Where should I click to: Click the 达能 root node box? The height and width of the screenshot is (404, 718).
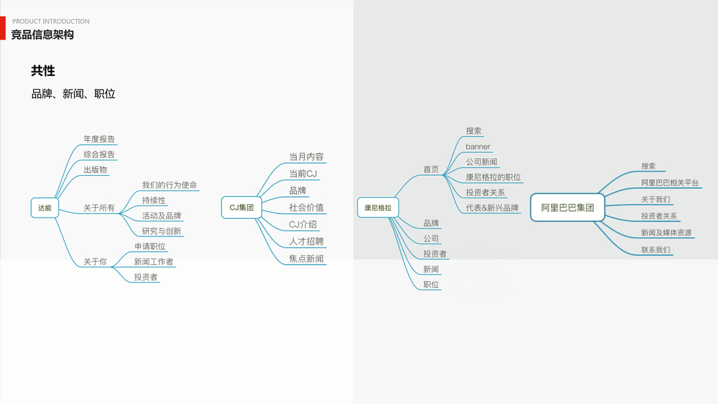click(44, 208)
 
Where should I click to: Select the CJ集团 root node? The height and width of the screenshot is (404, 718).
click(241, 208)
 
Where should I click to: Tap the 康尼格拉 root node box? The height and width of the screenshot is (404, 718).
click(378, 208)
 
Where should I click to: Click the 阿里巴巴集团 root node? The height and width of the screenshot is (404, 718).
click(567, 208)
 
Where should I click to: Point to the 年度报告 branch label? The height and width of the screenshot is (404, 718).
click(99, 139)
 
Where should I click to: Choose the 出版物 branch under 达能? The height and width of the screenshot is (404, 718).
click(95, 170)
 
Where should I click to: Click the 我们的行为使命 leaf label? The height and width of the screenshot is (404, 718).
click(170, 185)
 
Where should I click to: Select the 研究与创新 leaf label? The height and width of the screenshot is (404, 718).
click(161, 232)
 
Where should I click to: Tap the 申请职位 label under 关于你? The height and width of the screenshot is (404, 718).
click(150, 246)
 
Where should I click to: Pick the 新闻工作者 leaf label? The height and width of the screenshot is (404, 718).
click(153, 262)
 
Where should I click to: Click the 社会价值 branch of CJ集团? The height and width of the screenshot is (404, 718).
click(306, 207)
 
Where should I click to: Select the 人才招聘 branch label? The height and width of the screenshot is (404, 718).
click(306, 242)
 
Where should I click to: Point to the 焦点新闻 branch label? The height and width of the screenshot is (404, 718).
click(306, 259)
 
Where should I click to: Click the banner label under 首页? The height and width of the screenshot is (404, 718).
click(478, 147)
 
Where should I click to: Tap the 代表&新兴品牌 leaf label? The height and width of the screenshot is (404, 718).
click(492, 208)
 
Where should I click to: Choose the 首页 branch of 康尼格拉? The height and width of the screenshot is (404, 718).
click(431, 170)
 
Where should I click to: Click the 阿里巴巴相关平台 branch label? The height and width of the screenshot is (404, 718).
click(670, 183)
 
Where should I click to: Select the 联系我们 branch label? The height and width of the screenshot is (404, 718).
click(655, 250)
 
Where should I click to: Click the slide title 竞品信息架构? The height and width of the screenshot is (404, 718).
click(42, 34)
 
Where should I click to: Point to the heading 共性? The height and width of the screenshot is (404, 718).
click(43, 71)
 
